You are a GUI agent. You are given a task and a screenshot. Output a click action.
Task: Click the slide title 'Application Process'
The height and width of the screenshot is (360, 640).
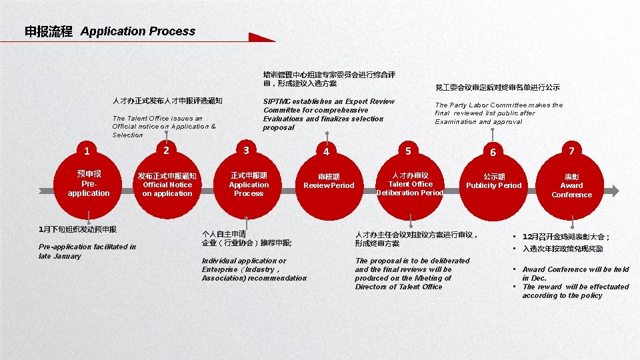(138, 31)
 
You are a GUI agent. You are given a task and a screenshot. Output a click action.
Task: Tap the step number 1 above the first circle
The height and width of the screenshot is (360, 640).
(87, 150)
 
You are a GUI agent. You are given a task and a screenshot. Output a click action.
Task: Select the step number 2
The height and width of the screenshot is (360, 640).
(166, 150)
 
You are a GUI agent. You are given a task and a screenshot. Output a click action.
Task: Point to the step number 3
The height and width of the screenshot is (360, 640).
(246, 150)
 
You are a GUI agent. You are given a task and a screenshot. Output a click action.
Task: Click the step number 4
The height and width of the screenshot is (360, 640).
(326, 151)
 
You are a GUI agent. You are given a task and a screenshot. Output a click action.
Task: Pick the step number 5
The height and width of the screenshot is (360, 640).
(408, 151)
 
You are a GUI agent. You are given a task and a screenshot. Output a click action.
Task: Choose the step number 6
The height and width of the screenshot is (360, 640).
(493, 152)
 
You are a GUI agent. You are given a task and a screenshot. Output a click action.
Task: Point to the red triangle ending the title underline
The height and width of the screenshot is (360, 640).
(261, 38)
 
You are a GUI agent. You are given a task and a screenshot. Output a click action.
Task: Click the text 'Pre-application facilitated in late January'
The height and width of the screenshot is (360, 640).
(87, 251)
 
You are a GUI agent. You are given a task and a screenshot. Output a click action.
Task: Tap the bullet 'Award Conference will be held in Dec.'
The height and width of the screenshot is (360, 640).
(575, 273)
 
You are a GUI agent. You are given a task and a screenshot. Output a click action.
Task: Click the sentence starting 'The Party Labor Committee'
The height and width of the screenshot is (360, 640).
(499, 113)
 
